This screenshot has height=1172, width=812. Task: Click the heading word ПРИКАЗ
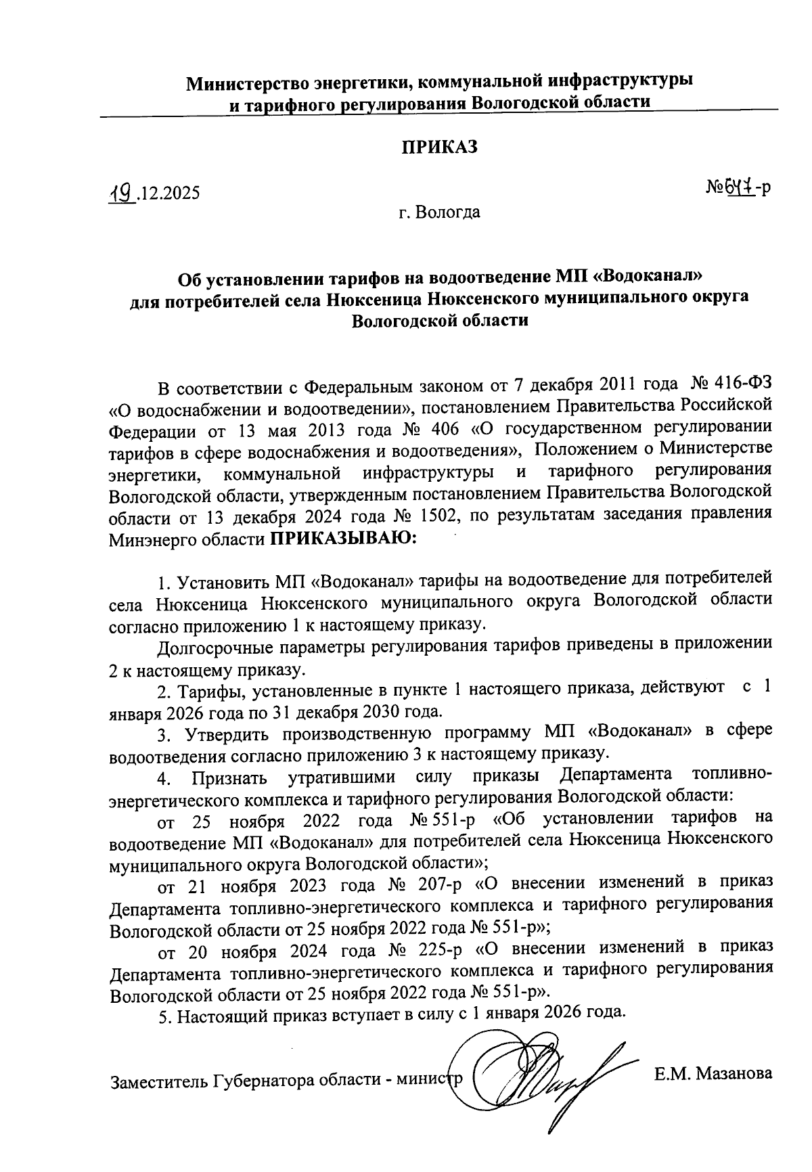click(x=440, y=147)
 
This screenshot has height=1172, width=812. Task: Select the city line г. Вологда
click(x=439, y=212)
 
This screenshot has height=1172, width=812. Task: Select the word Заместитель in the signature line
click(x=157, y=1081)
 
